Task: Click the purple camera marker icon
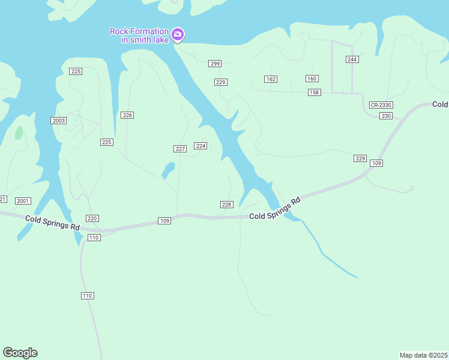point(177,35)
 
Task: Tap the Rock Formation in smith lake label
point(139,35)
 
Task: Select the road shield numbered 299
point(215,64)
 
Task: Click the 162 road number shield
point(271,79)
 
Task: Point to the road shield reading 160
point(312,79)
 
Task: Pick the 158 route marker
point(315,92)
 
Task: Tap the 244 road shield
point(352,59)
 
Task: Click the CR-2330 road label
point(381,105)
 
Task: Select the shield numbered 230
point(386,116)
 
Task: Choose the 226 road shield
point(127,115)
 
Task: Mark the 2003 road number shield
point(59,121)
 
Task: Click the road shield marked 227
point(179,149)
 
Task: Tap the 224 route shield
point(200,146)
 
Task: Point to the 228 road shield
point(226,205)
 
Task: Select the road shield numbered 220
point(92,218)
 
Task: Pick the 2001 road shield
point(23,201)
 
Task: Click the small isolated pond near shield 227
point(168,170)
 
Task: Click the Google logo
point(20,353)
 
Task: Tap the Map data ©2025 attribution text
point(424,355)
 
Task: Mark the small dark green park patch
point(19,133)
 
